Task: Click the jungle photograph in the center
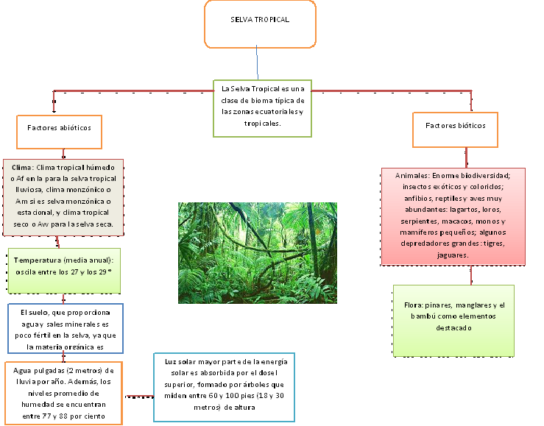tap(258, 252)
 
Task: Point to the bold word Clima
tap(22, 168)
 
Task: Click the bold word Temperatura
tap(37, 260)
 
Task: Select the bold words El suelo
tap(35, 312)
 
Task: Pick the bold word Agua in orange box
tap(24, 370)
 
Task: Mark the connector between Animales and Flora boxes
tap(471, 274)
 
